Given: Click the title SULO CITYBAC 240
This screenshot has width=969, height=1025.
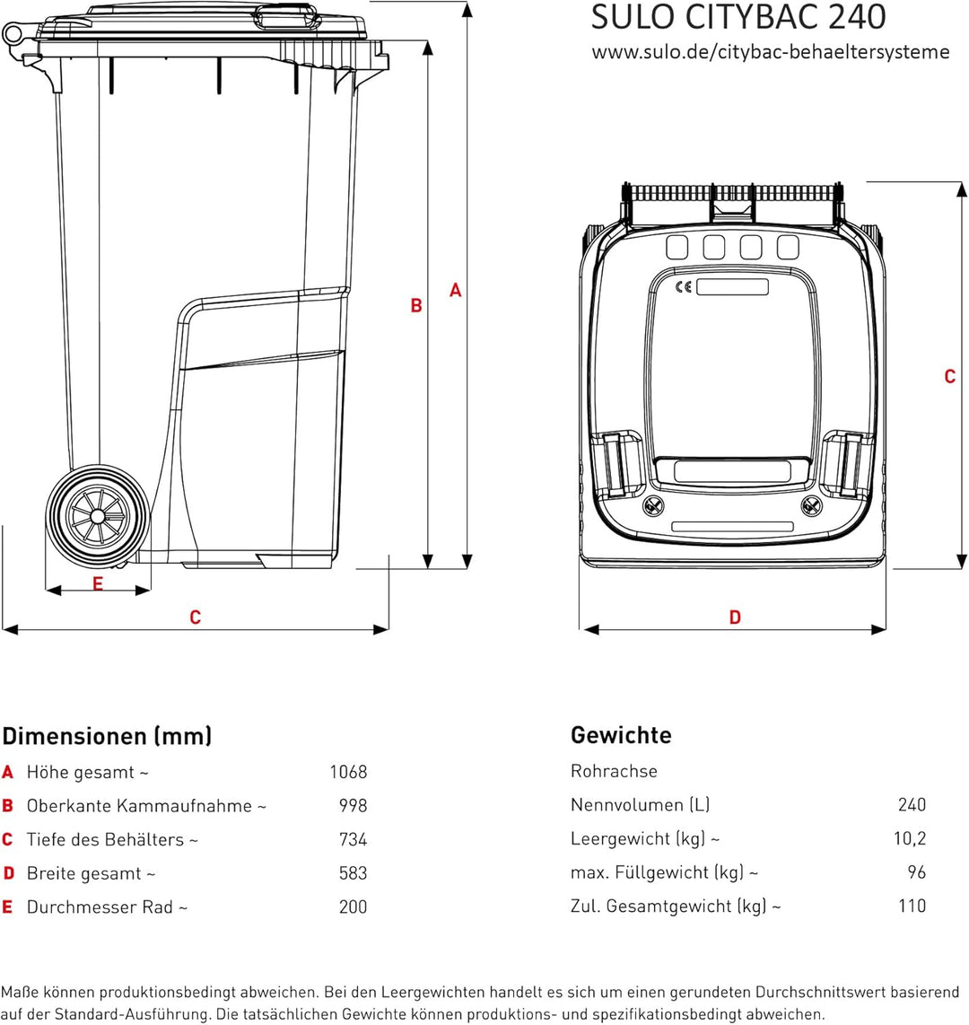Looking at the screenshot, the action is (738, 17).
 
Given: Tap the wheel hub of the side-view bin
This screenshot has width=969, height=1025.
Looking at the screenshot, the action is (98, 516).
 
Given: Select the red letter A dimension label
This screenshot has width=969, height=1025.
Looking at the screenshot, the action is (456, 290).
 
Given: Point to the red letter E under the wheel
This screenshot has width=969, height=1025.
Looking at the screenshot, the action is (98, 583).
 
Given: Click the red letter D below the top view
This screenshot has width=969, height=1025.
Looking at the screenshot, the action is (735, 618).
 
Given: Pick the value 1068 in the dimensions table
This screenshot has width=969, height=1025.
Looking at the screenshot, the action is (348, 772).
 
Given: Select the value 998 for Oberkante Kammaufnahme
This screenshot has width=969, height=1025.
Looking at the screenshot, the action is (353, 805).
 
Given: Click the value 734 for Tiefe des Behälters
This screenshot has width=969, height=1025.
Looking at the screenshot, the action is (353, 839).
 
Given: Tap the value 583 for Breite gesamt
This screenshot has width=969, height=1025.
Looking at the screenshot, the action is (353, 873).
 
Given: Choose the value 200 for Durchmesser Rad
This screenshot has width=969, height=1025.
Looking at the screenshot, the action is (353, 907).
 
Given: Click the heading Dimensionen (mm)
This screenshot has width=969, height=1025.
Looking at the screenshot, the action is (107, 736).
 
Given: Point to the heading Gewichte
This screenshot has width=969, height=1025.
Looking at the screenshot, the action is (621, 735).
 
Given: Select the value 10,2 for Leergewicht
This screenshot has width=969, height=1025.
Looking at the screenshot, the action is (910, 838).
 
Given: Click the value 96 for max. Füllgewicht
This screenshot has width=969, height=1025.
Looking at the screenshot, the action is (917, 872).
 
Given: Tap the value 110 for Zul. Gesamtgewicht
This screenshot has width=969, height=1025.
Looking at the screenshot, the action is (912, 906).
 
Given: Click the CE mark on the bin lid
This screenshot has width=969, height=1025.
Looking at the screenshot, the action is (684, 287).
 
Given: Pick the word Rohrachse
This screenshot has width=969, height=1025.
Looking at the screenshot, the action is (614, 771).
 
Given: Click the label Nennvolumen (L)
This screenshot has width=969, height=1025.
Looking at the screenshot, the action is (640, 805).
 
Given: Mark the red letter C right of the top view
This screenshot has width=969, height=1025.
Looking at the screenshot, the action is (950, 377).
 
